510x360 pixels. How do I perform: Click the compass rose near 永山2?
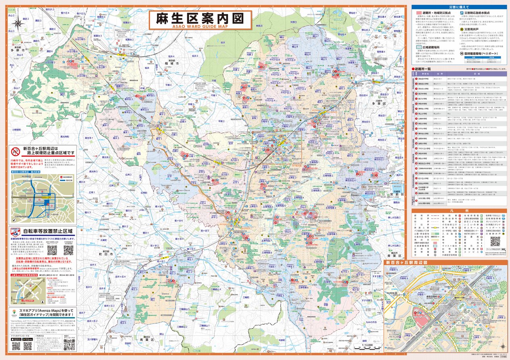point(19,23)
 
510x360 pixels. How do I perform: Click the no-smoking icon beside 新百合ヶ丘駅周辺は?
point(15,152)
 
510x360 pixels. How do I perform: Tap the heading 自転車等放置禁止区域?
point(48,231)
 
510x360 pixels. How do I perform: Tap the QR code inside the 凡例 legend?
point(495,241)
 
